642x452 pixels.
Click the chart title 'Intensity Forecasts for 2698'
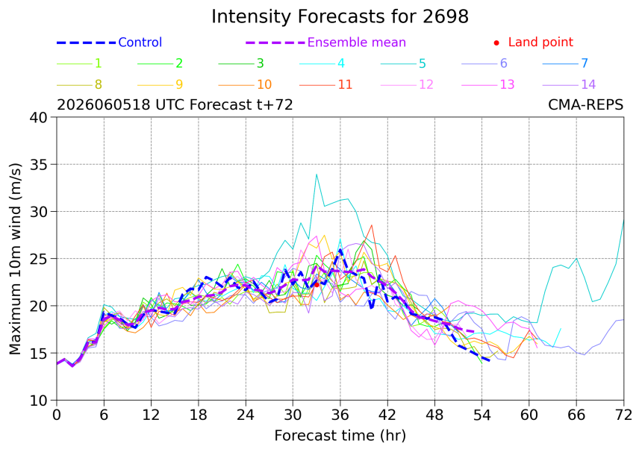tap(340, 16)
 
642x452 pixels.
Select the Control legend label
tap(140, 42)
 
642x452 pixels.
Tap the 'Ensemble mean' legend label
tap(357, 42)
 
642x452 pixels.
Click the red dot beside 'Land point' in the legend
tap(496, 43)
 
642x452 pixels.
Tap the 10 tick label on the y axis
tap(39, 401)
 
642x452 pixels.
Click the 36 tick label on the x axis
tap(340, 415)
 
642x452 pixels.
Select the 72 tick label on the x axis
tap(623, 415)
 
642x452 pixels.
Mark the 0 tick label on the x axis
tap(57, 415)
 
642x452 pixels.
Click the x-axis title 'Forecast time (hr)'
tap(340, 436)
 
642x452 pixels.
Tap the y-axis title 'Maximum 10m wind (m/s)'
tap(15, 259)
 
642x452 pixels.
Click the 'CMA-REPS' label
tap(585, 105)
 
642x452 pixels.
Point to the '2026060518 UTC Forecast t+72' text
tap(175, 105)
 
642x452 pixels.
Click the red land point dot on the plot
tap(317, 285)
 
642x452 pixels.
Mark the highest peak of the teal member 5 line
tap(317, 175)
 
